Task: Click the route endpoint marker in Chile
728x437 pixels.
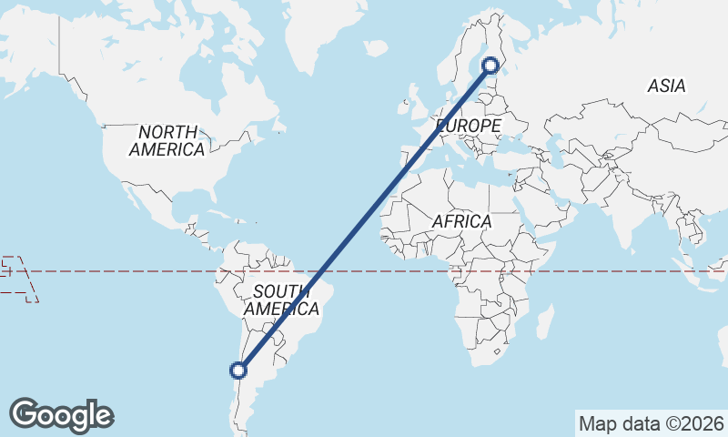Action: [x=238, y=370]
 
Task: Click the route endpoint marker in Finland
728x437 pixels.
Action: [x=490, y=65]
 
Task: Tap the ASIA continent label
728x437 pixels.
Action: [x=666, y=86]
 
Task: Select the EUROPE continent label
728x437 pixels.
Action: [x=469, y=125]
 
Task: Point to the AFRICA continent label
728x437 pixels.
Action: [x=461, y=221]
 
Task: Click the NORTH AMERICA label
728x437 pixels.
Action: [x=167, y=141]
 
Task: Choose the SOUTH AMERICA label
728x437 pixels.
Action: [x=286, y=300]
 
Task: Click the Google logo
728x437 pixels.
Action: [x=61, y=415]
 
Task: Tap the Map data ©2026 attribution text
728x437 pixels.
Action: [x=651, y=423]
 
